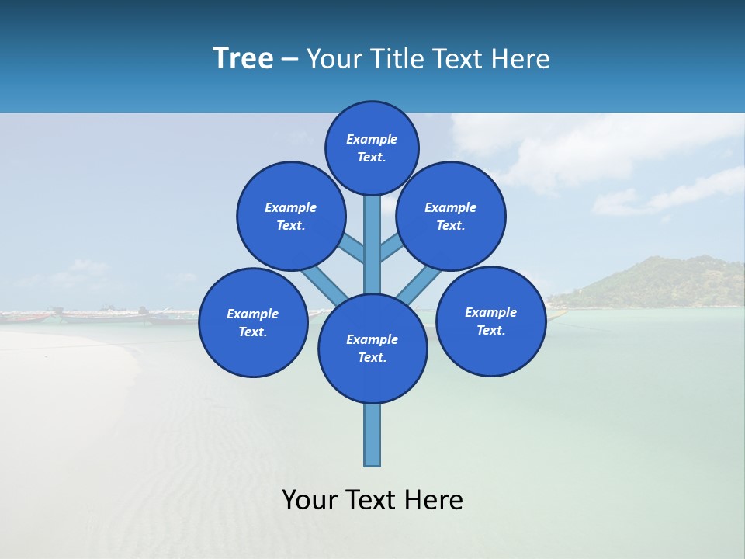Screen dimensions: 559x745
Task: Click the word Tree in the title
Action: click(243, 59)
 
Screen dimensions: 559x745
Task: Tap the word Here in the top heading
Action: click(521, 59)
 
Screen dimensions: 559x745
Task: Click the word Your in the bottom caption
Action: click(310, 500)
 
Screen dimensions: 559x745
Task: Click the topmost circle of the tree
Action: click(372, 148)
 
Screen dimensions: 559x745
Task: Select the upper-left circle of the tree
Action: click(291, 216)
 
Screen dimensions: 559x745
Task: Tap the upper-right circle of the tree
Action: click(451, 216)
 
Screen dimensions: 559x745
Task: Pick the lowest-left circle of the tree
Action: click(253, 322)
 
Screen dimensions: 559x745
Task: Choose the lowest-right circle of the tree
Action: click(491, 321)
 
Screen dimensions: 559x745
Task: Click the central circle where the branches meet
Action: click(372, 349)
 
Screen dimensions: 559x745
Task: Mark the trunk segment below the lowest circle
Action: click(372, 435)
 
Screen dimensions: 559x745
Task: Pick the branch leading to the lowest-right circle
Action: click(419, 285)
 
